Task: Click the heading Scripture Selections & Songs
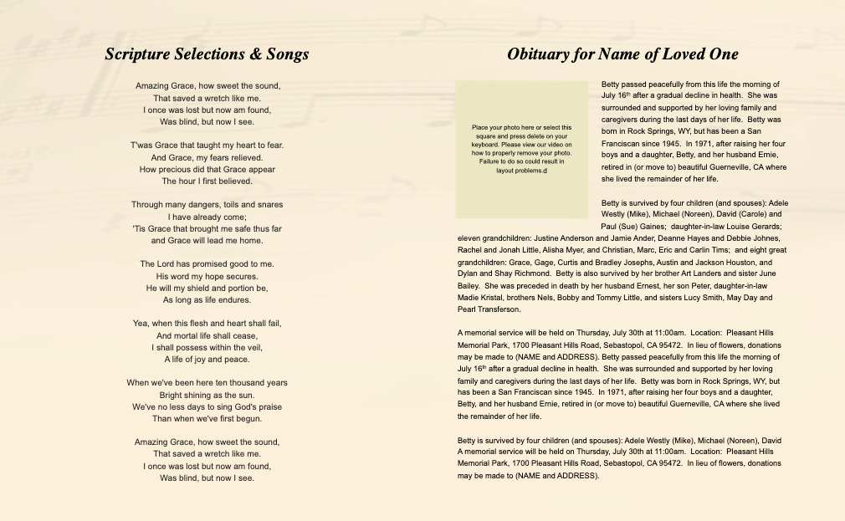pos(207,54)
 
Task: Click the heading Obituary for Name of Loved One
pos(622,54)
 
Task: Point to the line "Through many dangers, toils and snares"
pos(207,205)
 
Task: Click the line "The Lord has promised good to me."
pos(207,264)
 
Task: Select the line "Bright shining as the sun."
pos(207,395)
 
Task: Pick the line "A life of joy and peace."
pos(207,359)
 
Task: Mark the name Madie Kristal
pos(484,298)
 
